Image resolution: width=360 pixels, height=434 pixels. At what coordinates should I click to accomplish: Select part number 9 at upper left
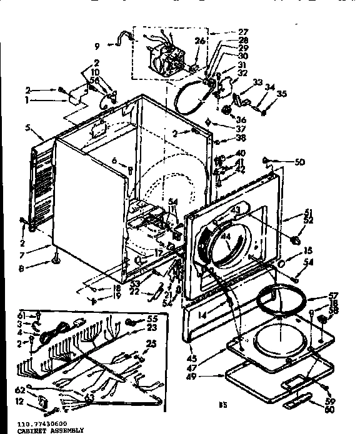[97, 44]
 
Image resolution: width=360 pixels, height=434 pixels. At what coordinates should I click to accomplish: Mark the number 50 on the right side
[300, 162]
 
